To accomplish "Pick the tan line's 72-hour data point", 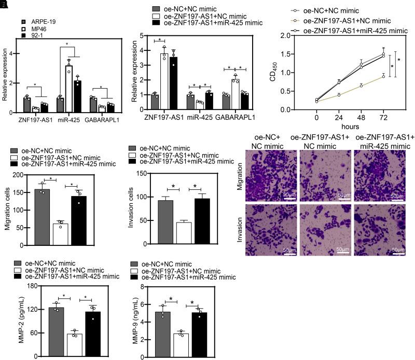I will tap(383, 76).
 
